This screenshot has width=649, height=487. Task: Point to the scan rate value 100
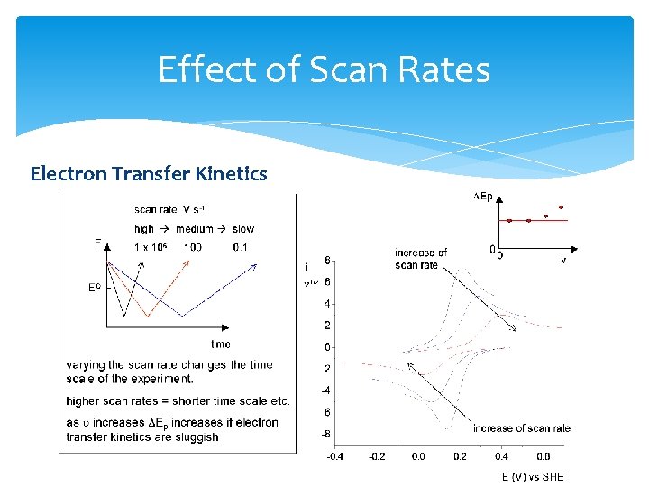tap(193, 247)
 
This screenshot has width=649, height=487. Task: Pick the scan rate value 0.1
tap(240, 247)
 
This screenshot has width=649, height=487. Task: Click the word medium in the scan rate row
tap(197, 229)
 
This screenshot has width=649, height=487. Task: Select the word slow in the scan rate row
tap(243, 229)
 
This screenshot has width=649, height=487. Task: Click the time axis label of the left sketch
tap(221, 344)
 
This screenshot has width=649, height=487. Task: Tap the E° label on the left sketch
tap(94, 289)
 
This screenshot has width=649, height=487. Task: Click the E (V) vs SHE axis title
tap(533, 476)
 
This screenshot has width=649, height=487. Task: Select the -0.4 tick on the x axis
tap(334, 456)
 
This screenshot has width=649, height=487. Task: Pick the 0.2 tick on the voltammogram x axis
tap(460, 456)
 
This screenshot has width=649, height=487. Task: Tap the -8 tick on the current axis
tap(326, 433)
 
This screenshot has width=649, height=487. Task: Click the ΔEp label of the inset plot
tap(483, 196)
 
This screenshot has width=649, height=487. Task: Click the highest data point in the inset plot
tap(561, 207)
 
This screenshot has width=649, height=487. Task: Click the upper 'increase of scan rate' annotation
tap(420, 259)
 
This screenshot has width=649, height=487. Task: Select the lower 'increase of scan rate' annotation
tap(521, 428)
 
